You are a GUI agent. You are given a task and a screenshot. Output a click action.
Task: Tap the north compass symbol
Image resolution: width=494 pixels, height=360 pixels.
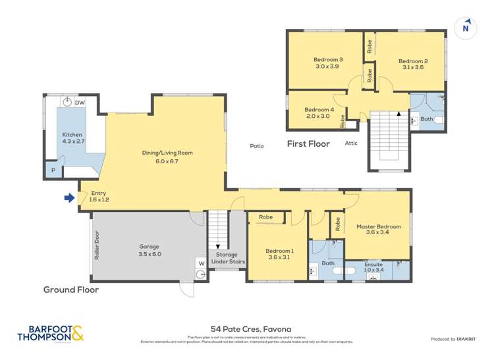tap(466, 27)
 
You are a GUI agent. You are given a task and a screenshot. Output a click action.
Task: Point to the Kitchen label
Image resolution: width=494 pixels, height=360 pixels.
tap(72, 138)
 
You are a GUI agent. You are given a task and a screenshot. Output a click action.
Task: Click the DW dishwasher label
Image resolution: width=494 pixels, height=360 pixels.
tap(80, 103)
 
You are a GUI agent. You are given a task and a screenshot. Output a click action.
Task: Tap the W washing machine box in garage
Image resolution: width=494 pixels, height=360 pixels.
tap(200, 263)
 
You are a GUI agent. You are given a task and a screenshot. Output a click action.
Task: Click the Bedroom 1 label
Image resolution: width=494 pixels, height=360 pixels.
tap(279, 254)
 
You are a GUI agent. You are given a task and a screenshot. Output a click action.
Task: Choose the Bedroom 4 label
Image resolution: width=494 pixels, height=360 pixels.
tap(317, 113)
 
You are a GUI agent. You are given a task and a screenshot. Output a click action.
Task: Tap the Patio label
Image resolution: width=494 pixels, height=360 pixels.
tap(256, 146)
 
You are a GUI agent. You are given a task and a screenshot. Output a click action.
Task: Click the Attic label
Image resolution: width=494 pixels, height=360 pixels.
tap(351, 143)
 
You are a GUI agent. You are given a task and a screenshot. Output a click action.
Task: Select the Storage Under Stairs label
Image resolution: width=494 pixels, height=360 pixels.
tap(228, 258)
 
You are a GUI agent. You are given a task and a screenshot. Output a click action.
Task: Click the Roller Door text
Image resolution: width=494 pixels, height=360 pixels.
tap(97, 245)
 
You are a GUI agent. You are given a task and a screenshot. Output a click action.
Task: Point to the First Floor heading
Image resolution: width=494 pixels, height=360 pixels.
tap(308, 143)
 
